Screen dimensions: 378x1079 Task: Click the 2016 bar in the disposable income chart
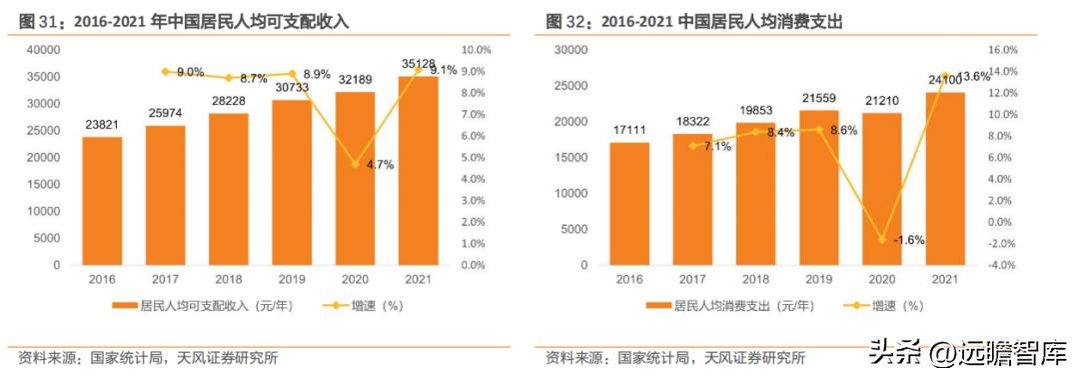click(102, 201)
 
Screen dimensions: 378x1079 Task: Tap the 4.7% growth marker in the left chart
click(355, 164)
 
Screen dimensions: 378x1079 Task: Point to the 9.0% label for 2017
click(190, 72)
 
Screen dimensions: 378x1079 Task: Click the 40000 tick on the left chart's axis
click(43, 49)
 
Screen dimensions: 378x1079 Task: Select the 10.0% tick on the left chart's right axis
click(475, 49)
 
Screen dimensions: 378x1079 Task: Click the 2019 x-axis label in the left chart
click(292, 280)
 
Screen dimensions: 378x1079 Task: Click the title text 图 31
click(37, 20)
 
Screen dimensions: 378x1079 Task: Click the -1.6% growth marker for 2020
click(882, 240)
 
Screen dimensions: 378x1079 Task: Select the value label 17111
click(630, 131)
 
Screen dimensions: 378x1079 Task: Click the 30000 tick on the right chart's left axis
click(570, 49)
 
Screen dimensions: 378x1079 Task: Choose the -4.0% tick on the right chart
click(1001, 265)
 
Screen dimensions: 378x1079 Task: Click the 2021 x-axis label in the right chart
click(945, 280)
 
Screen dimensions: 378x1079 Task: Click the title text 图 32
click(565, 20)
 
